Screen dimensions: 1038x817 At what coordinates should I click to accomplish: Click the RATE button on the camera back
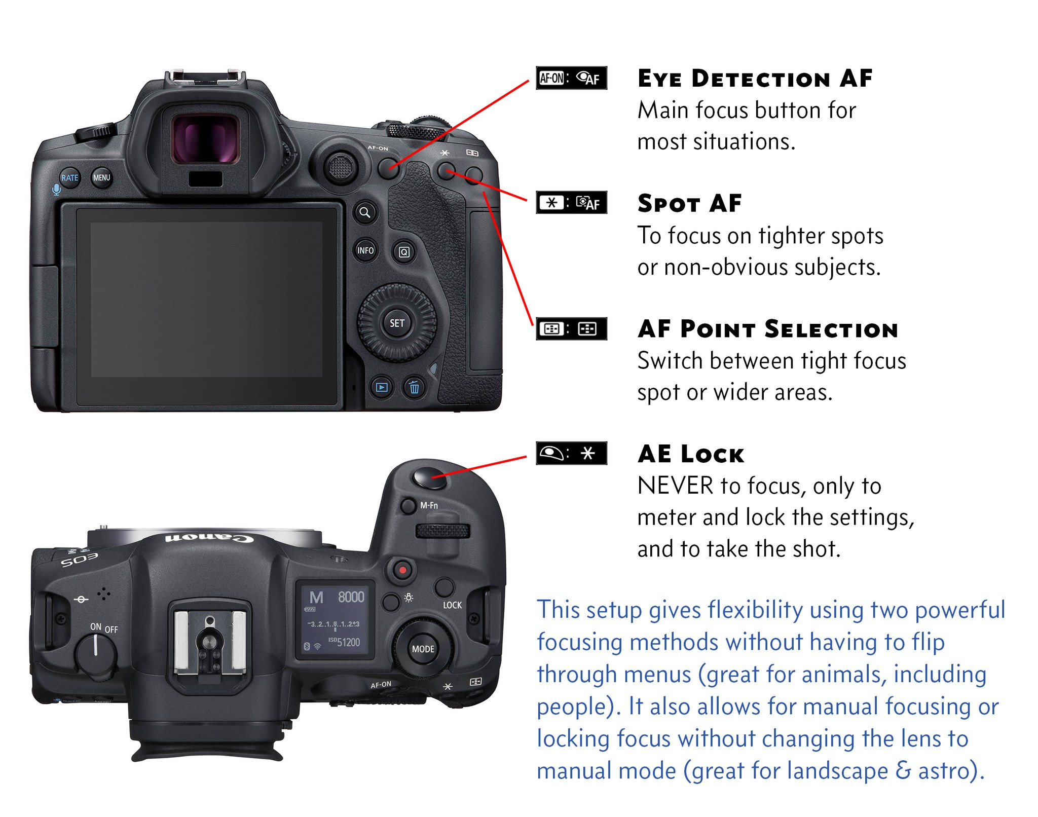coord(70,178)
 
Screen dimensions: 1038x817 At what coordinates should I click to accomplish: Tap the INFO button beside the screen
coord(365,250)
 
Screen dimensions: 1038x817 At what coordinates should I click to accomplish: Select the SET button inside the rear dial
coord(397,323)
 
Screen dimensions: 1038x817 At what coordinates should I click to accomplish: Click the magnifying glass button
coord(365,212)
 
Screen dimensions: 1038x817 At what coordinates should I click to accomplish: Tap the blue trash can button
coord(414,388)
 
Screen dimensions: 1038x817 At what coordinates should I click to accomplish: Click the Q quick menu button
coord(404,252)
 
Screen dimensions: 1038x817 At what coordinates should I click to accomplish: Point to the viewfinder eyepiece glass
coord(205,139)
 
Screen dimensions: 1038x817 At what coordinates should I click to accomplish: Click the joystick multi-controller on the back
coord(341,167)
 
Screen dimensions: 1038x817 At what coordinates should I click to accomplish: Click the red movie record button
coord(402,570)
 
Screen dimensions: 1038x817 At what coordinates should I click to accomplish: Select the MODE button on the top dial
coord(423,649)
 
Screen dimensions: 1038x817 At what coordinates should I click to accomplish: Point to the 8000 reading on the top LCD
coord(351,597)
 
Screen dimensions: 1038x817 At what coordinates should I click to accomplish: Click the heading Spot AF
coord(689,203)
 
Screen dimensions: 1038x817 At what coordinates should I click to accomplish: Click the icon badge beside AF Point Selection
coord(571,329)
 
